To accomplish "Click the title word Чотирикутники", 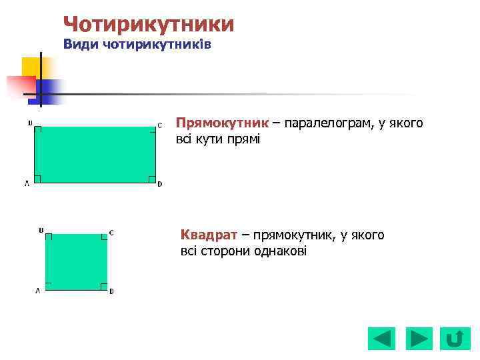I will [149, 25].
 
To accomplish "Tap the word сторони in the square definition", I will [224, 251].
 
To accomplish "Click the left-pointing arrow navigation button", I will [381, 339].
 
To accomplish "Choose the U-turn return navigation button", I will [454, 339].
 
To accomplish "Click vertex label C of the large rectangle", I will [159, 125].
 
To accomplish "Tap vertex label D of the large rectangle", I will [159, 184].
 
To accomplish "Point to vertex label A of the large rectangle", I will [27, 184].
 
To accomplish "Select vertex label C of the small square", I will [111, 233].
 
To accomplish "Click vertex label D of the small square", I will [111, 291].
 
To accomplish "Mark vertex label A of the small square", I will [38, 291].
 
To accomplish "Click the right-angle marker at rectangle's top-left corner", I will [38, 130].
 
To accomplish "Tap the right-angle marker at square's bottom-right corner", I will [104, 287].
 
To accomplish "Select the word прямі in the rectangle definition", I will [247, 139].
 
